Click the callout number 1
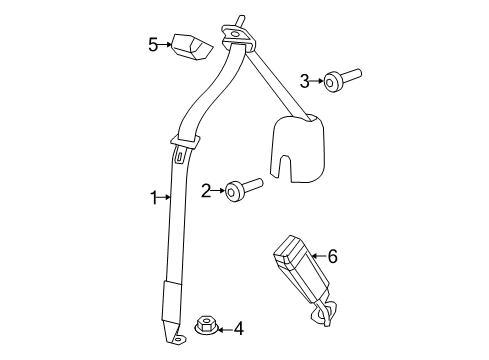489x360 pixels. [154, 198]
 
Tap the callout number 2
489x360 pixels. [205, 189]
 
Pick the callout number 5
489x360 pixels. [153, 44]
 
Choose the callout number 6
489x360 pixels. [332, 258]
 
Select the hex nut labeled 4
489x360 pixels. [204, 325]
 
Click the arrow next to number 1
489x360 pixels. [165, 198]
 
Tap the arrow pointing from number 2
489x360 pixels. [218, 189]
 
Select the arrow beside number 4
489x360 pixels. [224, 328]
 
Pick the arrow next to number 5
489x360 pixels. [166, 44]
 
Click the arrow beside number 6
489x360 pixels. [319, 258]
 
